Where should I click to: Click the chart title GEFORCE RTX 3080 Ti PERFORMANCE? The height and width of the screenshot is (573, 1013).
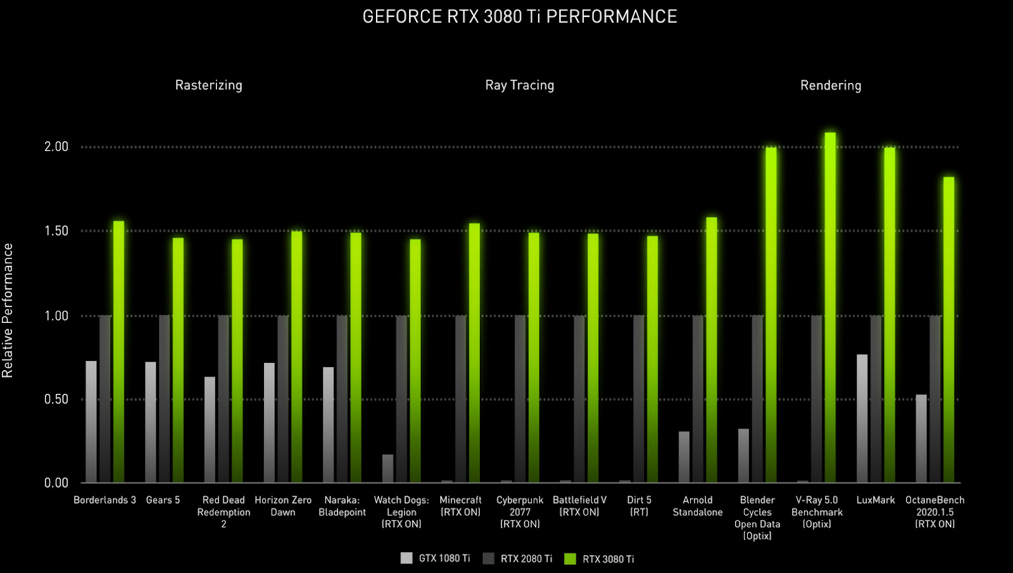click(x=519, y=16)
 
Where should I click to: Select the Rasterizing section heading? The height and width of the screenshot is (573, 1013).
click(x=208, y=85)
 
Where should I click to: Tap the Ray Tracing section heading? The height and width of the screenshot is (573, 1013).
click(x=519, y=85)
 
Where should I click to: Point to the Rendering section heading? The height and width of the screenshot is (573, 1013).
click(x=831, y=85)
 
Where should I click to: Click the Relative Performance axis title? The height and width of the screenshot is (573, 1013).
click(x=8, y=310)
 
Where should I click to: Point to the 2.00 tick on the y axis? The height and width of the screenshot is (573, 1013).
click(x=56, y=147)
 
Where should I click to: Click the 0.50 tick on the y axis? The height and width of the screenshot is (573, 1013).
click(x=56, y=399)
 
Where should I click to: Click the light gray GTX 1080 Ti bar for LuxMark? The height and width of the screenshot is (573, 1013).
click(x=862, y=418)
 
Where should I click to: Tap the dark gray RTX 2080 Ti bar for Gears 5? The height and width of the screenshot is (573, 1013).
click(x=164, y=399)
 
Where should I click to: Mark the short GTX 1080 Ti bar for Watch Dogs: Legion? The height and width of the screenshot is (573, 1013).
click(x=387, y=469)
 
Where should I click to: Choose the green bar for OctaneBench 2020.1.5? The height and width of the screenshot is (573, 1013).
click(x=948, y=329)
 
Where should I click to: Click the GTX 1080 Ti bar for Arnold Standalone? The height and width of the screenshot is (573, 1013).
click(x=684, y=457)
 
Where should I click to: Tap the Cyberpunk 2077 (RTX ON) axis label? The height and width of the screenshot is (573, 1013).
click(x=520, y=512)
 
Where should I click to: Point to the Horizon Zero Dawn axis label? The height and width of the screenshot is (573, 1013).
click(x=283, y=506)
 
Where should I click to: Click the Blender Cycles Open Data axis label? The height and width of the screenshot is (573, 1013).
click(x=757, y=517)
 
